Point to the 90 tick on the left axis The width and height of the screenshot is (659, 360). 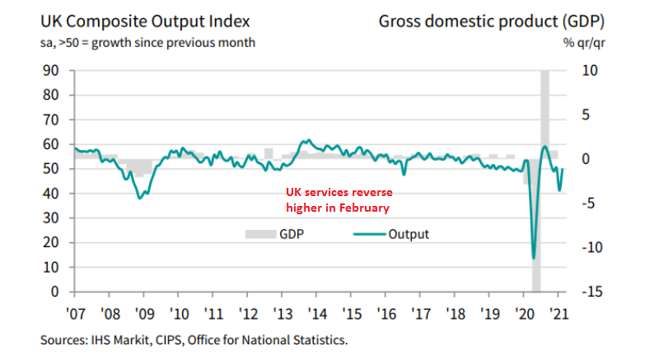click(52, 70)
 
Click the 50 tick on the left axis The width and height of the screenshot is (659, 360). click(52, 169)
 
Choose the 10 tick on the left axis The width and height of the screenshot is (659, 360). click(52, 268)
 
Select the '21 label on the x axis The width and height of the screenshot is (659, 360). click(560, 313)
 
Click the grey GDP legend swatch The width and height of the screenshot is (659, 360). click(259, 235)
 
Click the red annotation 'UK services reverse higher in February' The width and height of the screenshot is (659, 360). click(337, 199)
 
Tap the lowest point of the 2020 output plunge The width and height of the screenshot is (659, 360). click(534, 259)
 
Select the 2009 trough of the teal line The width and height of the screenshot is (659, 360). click(140, 198)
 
